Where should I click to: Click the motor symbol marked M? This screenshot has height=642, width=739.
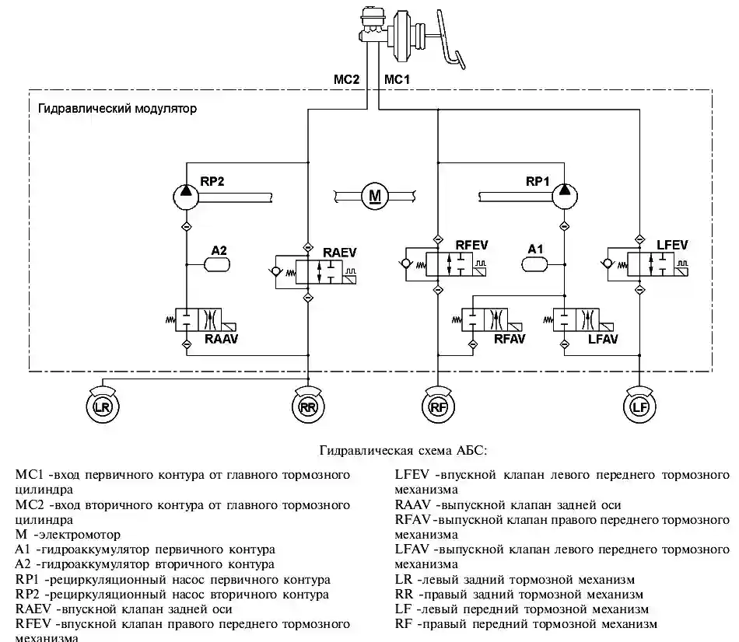pos(373,194)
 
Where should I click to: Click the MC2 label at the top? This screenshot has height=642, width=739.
pos(345,79)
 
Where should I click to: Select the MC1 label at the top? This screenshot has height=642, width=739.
pos(398,79)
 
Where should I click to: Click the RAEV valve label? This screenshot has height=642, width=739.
pos(339,252)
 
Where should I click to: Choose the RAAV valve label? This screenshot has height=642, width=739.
pos(221,340)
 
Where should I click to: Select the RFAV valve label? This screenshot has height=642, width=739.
pos(510,340)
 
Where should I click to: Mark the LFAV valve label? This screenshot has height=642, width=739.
pos(604,340)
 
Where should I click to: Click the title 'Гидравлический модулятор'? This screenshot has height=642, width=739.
pos(117,109)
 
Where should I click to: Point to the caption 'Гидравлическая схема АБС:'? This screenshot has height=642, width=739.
pos(403,450)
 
